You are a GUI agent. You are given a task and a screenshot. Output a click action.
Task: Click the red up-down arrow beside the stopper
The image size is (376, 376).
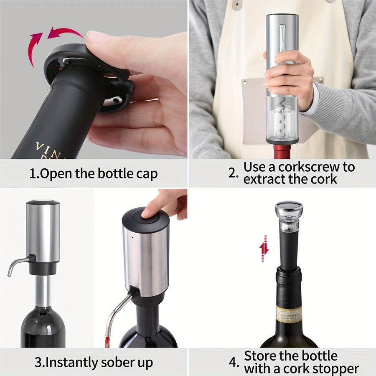pyautogui.click(x=264, y=248)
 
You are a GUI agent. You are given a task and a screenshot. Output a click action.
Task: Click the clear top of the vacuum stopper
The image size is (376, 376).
pyautogui.click(x=289, y=209)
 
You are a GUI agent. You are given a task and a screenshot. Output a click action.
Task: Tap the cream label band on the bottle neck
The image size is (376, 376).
pyautogui.click(x=289, y=314)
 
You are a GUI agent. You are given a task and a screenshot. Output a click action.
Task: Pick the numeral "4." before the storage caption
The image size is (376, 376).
pyautogui.click(x=234, y=362)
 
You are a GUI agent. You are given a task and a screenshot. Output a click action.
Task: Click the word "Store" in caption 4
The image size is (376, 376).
pyautogui.click(x=262, y=356)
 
